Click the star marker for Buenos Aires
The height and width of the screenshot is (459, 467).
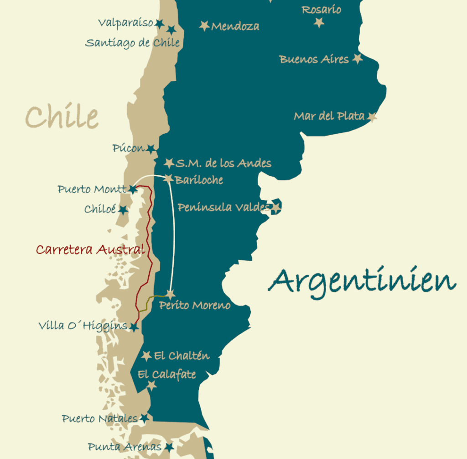pos(358,58)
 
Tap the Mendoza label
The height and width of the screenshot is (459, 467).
pos(235,26)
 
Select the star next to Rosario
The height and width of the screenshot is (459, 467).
pos(319,22)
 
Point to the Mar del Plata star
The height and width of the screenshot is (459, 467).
pos(372,117)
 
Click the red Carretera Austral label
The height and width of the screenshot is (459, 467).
pos(90,249)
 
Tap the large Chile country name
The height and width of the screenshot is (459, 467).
pos(62,116)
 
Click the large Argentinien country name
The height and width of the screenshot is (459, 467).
pos(362,281)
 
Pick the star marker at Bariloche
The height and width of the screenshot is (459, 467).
pos(168,179)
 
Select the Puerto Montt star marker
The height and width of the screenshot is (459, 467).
pos(133,189)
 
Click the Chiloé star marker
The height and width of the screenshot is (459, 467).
pos(123,210)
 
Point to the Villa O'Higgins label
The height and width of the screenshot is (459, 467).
pos(83,326)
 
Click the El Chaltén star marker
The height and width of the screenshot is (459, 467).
pos(146,356)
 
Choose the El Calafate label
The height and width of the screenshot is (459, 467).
pos(167,375)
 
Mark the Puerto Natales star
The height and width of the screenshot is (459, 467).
pos(144,418)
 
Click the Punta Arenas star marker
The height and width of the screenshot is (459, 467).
pos(169,447)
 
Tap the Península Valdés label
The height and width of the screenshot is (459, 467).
pos(223,207)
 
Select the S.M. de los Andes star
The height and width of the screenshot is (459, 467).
pos(169,163)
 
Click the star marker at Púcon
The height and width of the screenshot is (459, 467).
pos(151,148)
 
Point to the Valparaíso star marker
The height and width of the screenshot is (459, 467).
pos(159,23)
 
